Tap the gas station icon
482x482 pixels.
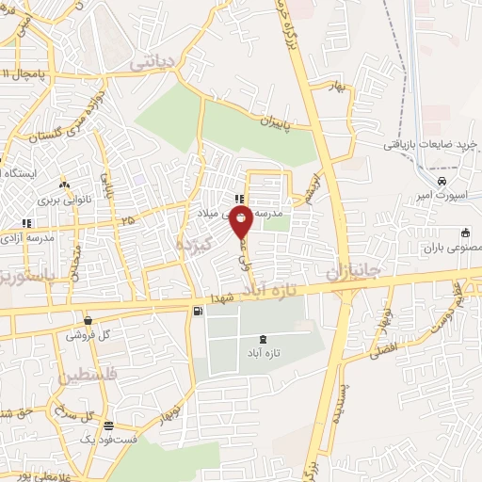coord(196,312)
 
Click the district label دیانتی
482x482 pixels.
coord(153,62)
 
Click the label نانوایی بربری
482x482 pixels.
coord(62,200)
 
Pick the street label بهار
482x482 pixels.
coord(338,87)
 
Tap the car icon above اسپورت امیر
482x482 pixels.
coord(442,180)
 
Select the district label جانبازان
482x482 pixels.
coord(353,271)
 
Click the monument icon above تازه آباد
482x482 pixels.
coord(261,338)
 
